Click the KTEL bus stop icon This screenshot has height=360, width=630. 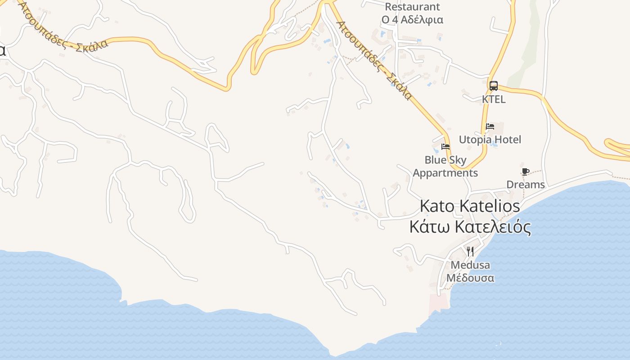tap(494, 86)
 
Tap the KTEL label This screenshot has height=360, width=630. tap(494, 99)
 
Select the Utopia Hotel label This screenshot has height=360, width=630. tap(490, 139)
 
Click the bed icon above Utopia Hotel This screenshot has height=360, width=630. tap(490, 126)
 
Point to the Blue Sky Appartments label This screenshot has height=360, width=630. tap(445, 166)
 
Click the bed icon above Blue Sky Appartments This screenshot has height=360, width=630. tap(445, 146)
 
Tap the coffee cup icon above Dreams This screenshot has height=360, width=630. tap(525, 171)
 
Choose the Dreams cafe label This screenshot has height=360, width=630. tap(526, 184)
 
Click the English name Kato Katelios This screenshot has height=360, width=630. tap(470, 206)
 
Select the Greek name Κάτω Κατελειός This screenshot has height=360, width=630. tap(470, 227)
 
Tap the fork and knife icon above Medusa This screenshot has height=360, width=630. tap(470, 251)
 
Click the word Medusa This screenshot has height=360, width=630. tap(470, 265)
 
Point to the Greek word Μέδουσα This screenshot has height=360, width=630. tap(470, 278)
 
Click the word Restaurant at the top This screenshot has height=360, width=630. tap(412, 7)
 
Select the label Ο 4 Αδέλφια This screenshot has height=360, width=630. tap(412, 20)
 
